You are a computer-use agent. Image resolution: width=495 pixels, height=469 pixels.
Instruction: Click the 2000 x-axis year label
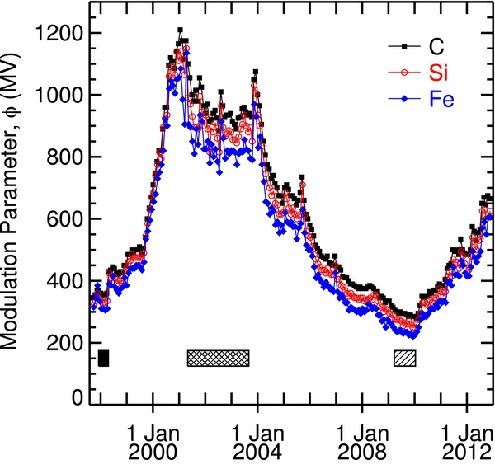click(153, 452)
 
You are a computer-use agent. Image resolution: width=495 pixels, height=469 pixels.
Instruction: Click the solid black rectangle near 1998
click(103, 358)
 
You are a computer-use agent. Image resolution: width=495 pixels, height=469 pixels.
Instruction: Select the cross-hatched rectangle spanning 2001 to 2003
click(218, 358)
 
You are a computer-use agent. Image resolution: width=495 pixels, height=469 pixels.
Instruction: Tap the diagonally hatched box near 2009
click(404, 358)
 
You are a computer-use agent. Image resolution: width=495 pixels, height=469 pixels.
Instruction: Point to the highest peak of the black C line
click(180, 30)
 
